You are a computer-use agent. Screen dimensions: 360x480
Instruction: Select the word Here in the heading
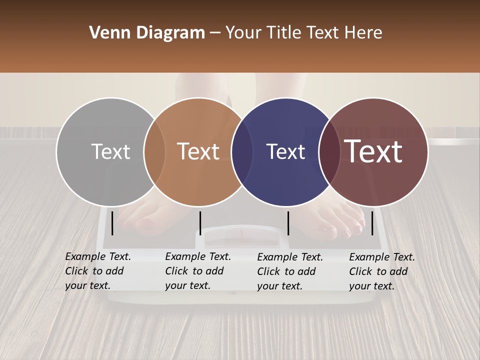coord(364,33)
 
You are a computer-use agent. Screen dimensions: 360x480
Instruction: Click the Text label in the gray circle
coord(111,151)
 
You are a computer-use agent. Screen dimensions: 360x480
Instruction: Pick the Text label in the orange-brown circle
coord(198,151)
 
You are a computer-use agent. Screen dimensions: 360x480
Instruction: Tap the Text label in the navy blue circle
coord(286,151)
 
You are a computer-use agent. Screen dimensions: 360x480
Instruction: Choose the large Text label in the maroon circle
coord(373,151)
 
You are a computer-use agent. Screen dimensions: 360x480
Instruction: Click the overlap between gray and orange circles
coord(154,151)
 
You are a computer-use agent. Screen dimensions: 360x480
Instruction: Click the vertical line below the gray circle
coord(112,223)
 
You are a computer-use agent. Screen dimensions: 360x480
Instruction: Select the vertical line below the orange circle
coord(200,223)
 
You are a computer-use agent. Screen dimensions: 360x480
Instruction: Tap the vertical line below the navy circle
coord(288,223)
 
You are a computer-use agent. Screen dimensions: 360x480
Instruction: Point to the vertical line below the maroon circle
coord(372,223)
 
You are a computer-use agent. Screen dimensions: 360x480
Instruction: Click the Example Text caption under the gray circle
coord(97,271)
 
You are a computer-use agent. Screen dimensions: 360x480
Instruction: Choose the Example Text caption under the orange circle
coord(197,271)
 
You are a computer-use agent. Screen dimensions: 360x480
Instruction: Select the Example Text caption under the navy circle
coord(289,271)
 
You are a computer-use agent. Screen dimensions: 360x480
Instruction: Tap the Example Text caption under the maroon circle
coord(381,271)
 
